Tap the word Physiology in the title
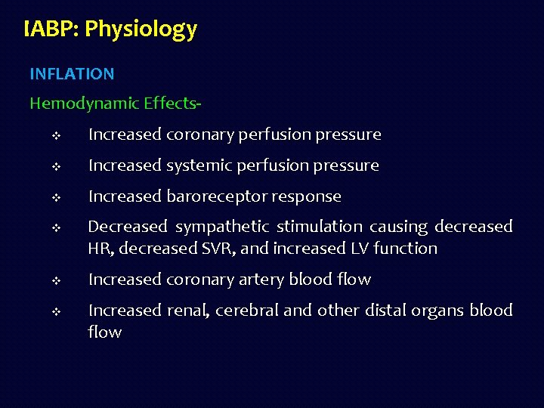click(141, 29)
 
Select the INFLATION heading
click(72, 74)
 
